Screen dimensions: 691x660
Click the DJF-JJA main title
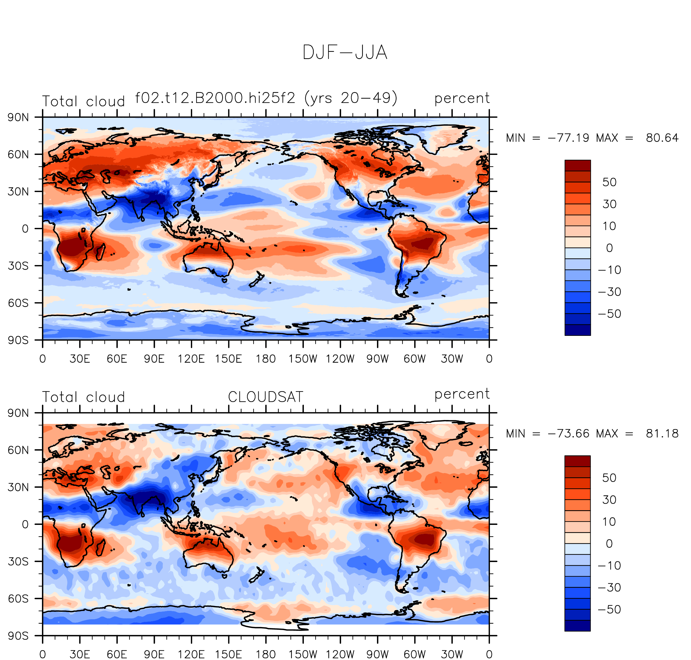(345, 53)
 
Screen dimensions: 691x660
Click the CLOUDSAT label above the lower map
(265, 397)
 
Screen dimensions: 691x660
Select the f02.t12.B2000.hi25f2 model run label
(215, 98)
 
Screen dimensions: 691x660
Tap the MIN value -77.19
(568, 138)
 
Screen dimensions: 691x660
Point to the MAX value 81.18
(662, 434)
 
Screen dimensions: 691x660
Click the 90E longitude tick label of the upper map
(154, 359)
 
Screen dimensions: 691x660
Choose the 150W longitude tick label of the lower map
(303, 654)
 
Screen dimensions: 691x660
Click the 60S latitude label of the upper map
(18, 303)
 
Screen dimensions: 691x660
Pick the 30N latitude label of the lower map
(18, 487)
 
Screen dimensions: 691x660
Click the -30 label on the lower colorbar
(609, 587)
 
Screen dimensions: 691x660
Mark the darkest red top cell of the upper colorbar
(578, 166)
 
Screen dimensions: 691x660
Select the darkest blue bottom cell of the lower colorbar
(578, 626)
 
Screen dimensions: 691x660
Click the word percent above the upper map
(462, 98)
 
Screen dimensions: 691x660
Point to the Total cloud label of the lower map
(83, 397)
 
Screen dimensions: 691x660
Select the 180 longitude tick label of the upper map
(265, 359)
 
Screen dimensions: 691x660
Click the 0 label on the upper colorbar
(609, 248)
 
